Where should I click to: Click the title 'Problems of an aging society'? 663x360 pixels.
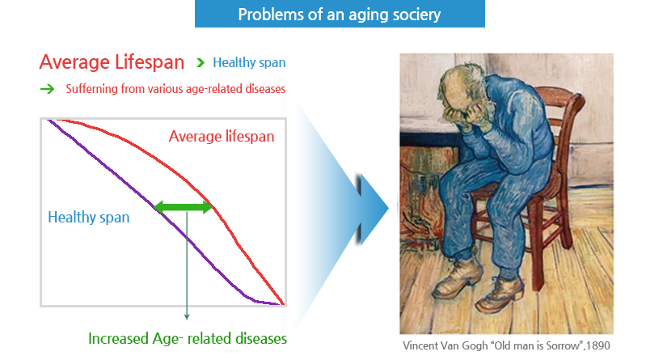tap(339, 15)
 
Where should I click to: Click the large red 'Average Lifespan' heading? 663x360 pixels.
tap(112, 62)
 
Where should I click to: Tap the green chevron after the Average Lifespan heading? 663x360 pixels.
tap(201, 63)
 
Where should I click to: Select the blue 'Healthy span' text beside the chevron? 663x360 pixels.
tap(249, 62)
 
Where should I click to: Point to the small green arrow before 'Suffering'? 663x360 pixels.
tap(48, 89)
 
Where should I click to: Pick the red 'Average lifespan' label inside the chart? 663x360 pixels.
tap(222, 136)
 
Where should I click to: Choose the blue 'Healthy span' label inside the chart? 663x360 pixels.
tap(88, 217)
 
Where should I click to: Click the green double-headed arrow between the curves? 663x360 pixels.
tap(183, 207)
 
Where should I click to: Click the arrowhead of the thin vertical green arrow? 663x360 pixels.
tap(187, 317)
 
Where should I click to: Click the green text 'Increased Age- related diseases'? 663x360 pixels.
tap(188, 338)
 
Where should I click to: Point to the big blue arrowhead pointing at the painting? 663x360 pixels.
tap(372, 208)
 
